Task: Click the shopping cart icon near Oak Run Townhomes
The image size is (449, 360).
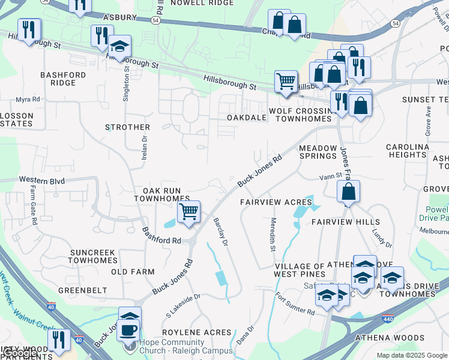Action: [x=188, y=212]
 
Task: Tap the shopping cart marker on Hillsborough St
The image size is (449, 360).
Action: [x=286, y=80]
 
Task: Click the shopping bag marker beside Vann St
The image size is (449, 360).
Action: [x=348, y=193]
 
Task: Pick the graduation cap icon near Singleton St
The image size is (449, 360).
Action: [x=119, y=46]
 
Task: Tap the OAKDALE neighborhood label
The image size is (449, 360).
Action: [x=247, y=118]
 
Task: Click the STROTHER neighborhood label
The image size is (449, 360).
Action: [x=127, y=127]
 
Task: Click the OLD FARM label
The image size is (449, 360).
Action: [x=133, y=272]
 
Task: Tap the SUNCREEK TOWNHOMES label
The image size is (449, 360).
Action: [x=92, y=257]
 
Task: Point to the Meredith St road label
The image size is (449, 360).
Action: [x=272, y=235]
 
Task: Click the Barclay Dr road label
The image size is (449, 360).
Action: [x=220, y=232]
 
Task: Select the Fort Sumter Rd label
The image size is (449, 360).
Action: [x=295, y=304]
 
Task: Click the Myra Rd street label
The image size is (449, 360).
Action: [x=28, y=99]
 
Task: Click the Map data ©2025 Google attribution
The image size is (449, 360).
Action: [x=412, y=355]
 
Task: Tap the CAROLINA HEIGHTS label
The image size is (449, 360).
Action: [x=408, y=151]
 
